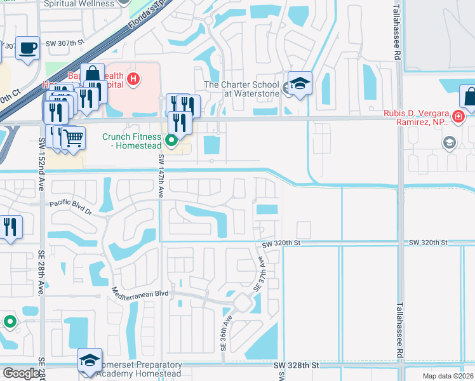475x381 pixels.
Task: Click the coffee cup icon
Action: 27,48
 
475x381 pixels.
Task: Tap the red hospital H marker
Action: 133,79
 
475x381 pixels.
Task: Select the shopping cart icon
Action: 74,137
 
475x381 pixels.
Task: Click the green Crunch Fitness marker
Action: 171,140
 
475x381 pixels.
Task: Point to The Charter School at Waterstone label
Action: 241,89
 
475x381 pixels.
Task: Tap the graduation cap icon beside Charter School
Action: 300,83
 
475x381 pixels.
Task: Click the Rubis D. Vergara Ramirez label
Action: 417,117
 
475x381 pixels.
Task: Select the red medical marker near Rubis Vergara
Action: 458,117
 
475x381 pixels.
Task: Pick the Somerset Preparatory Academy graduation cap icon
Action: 90,360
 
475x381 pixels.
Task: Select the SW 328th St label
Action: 296,366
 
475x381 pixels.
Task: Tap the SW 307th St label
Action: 65,43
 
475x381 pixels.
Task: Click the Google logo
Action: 21,373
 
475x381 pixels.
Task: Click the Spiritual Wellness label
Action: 79,4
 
